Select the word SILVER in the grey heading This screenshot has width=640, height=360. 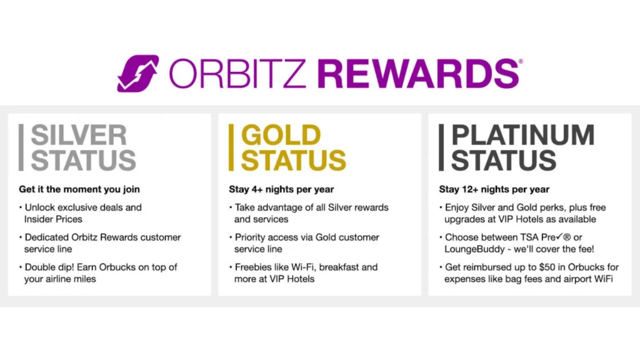(x=79, y=135)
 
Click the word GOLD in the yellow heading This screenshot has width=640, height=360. (x=281, y=135)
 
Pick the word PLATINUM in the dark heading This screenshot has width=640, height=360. (x=522, y=135)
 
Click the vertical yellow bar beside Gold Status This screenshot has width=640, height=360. (x=231, y=147)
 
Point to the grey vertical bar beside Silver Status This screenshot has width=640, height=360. (x=21, y=147)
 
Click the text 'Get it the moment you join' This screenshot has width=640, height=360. (x=79, y=189)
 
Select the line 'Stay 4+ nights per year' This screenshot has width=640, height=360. (x=281, y=189)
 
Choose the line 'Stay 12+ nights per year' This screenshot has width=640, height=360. (x=494, y=189)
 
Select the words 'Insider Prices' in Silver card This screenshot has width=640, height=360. (x=54, y=218)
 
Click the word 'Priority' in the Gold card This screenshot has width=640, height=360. (x=251, y=237)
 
